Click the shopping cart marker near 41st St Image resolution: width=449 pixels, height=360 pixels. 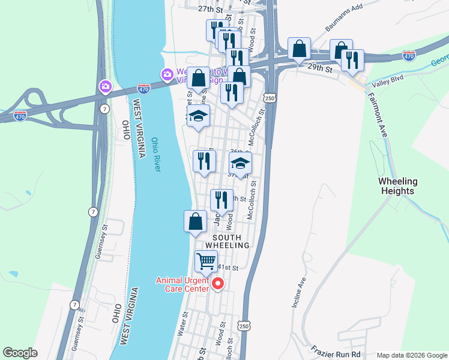pos(206,262)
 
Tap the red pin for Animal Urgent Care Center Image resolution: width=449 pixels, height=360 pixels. pos(217,283)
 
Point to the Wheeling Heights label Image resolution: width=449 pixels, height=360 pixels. pos(397,186)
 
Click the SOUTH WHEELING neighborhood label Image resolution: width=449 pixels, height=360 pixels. pos(227,241)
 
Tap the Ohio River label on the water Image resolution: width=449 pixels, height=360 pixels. pos(156,154)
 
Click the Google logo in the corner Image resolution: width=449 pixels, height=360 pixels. pos(20,353)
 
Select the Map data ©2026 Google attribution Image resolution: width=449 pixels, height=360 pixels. pos(411,355)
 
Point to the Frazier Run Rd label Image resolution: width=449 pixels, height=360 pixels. pos(335,348)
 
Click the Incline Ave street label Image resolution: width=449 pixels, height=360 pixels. pos(299,293)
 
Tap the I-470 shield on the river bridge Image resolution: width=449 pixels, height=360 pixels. pos(143,87)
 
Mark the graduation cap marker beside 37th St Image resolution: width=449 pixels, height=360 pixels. pos(240,163)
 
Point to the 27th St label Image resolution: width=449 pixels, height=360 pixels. pos(210,10)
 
